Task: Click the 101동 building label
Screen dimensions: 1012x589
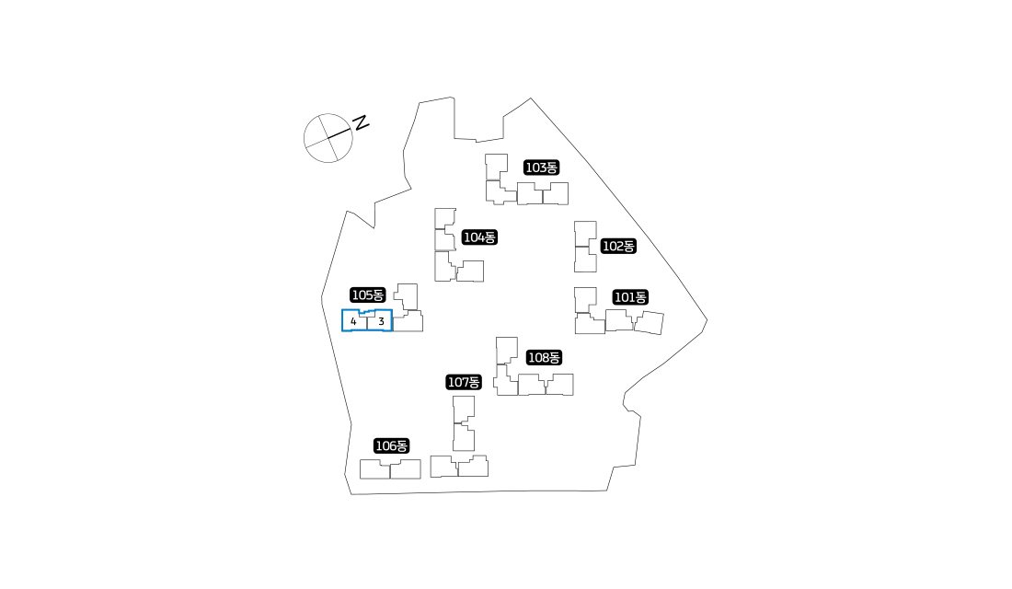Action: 630,297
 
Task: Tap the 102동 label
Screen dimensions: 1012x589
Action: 618,246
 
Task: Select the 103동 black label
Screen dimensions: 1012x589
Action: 542,167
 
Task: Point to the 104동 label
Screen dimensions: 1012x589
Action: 479,237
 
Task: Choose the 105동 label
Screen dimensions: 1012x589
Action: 368,295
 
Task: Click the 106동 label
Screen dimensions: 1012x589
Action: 392,445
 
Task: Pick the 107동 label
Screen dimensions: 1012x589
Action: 464,382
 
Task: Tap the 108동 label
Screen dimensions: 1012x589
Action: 544,358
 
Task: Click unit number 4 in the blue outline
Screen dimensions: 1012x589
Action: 353,321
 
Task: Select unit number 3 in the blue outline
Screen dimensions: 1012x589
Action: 381,321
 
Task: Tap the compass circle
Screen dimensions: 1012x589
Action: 305,138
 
